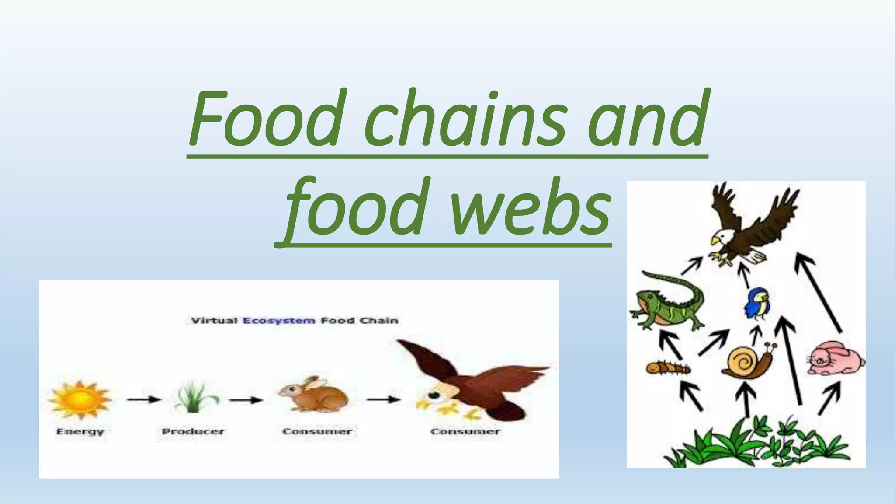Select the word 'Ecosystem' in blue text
(x=279, y=321)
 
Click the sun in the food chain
(x=80, y=399)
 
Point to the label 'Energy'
(x=80, y=432)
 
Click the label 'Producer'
(x=193, y=432)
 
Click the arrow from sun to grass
(x=144, y=399)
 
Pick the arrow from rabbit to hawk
(x=383, y=399)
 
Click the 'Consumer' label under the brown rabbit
(x=317, y=432)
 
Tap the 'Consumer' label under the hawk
(x=465, y=432)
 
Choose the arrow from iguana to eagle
(x=692, y=265)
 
